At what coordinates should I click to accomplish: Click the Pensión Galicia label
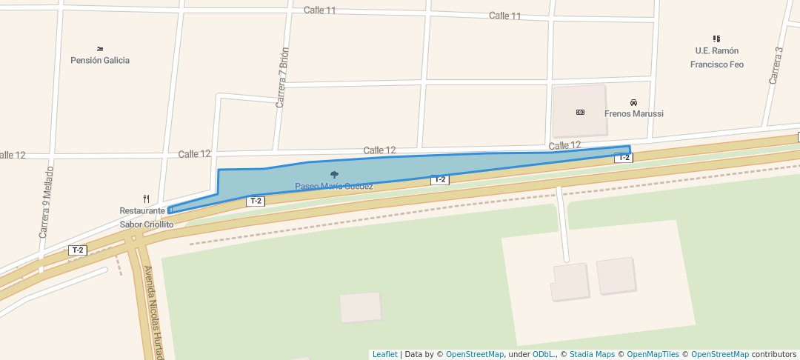click(x=100, y=60)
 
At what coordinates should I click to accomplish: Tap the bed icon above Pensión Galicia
click(x=100, y=48)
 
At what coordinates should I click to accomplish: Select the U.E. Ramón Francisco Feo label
click(x=716, y=58)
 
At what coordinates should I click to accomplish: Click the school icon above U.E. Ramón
click(x=716, y=39)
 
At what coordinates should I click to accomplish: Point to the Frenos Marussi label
click(x=633, y=113)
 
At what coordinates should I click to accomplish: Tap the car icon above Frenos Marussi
click(x=633, y=101)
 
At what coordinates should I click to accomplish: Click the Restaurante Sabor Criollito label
click(x=146, y=218)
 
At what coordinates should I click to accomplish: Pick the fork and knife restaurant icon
click(x=146, y=199)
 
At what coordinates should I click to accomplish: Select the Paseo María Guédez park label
click(x=334, y=186)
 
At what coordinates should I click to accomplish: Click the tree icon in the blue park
click(x=334, y=175)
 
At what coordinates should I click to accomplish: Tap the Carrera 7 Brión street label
click(x=282, y=78)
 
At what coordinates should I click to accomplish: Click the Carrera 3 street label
click(x=776, y=65)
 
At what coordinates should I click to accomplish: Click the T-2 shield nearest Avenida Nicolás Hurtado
click(x=78, y=250)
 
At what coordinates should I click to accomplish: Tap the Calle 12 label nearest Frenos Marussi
click(x=564, y=145)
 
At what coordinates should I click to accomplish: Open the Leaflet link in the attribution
click(x=384, y=354)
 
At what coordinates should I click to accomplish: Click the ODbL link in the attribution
click(x=543, y=354)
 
